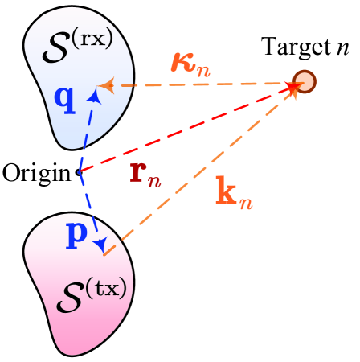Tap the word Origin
[x=36, y=172]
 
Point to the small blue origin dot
[x=78, y=172]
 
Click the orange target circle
[x=304, y=81]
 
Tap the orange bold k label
[x=231, y=194]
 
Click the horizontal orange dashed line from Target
[x=201, y=84]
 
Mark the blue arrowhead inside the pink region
[x=101, y=246]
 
